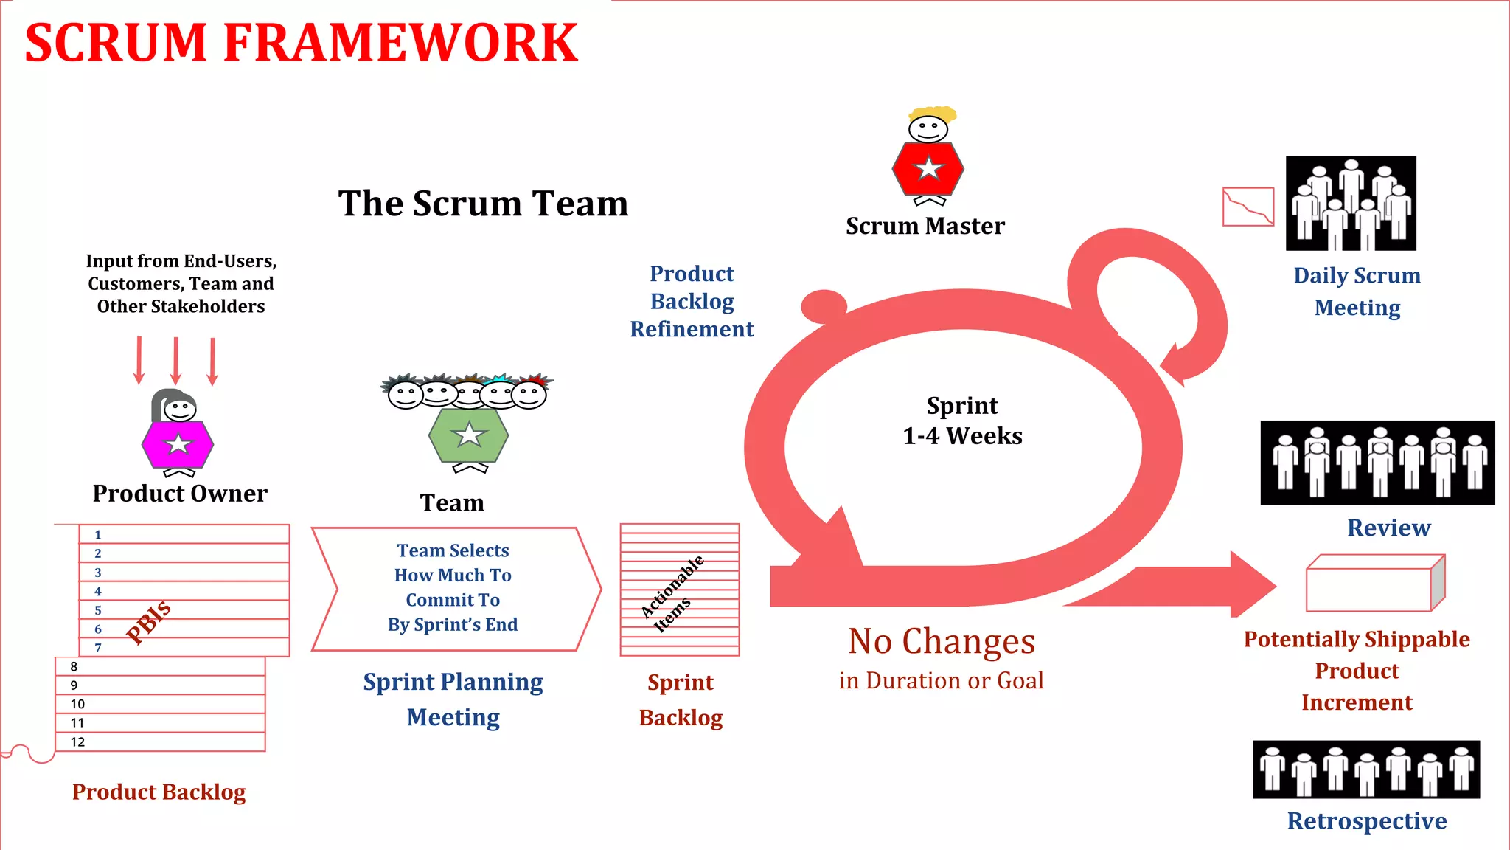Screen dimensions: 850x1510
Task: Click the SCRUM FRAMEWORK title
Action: point(301,43)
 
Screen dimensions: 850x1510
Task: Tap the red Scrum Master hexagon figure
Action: point(928,169)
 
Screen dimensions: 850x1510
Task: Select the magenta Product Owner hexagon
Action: point(178,444)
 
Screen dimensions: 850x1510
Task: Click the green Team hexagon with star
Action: point(468,435)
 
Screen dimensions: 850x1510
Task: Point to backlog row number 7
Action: point(184,647)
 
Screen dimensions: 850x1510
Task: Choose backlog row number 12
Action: point(160,742)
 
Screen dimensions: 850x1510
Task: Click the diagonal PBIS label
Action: point(149,622)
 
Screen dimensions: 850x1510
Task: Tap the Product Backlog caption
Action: point(159,792)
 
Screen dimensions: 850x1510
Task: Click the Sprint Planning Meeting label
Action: point(453,699)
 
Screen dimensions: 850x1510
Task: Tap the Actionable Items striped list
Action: point(679,590)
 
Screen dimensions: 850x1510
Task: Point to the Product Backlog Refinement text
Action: point(692,301)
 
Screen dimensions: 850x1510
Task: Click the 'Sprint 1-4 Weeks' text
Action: point(962,421)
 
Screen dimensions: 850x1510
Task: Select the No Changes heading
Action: point(942,641)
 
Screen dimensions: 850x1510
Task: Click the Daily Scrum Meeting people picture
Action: point(1351,204)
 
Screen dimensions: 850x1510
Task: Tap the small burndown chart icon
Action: point(1248,207)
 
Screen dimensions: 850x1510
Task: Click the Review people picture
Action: point(1377,463)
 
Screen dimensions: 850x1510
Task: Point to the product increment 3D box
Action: point(1374,584)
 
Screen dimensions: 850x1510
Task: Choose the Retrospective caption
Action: point(1366,820)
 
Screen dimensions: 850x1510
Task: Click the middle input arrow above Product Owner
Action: point(175,361)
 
